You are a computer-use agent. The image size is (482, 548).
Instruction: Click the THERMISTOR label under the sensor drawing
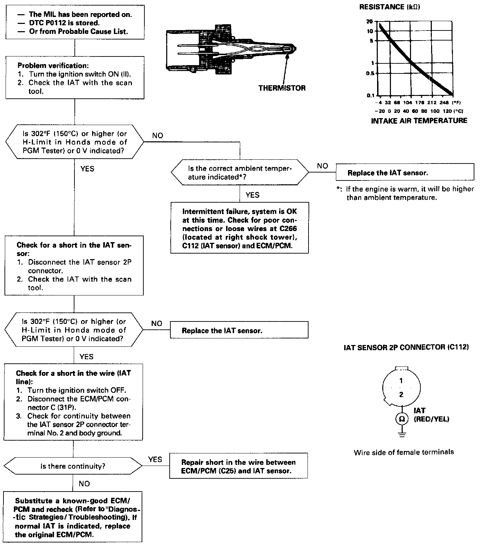pos(282,88)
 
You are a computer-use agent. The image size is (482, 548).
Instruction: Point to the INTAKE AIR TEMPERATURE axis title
pos(419,121)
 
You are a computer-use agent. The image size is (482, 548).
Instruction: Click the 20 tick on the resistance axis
pos(369,21)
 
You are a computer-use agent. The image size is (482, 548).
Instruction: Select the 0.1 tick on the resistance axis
pos(370,95)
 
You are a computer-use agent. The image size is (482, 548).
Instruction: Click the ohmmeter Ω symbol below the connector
pos(402,419)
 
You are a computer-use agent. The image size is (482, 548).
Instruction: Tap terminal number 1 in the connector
pos(401,381)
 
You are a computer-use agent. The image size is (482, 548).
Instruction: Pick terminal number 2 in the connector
pos(401,395)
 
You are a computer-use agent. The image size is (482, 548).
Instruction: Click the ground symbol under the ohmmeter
pos(402,434)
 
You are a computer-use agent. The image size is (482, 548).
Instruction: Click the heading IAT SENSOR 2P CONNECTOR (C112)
pos(406,347)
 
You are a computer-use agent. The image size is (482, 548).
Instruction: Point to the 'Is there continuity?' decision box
pos(73,466)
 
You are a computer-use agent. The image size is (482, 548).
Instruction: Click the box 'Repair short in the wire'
pos(239,466)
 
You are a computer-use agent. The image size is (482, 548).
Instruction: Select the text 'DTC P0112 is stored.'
pos(64,23)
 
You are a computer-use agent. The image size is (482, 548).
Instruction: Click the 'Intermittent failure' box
pos(239,228)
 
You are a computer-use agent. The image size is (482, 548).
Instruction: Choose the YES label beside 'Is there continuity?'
pos(155,459)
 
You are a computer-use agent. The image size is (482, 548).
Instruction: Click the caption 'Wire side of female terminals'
pos(404,452)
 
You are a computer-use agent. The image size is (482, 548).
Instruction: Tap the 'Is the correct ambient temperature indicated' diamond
pos(240,173)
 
